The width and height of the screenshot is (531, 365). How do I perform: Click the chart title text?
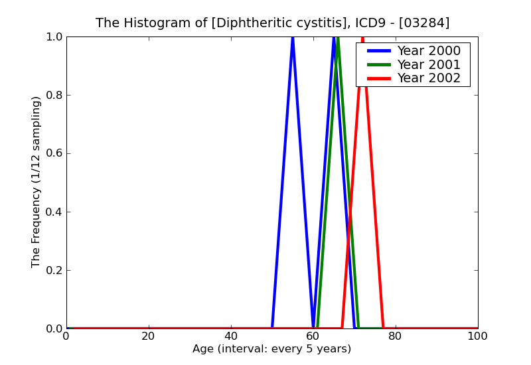point(272,23)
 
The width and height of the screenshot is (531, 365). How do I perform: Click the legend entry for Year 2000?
point(428,51)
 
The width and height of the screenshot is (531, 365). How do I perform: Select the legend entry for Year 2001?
point(428,64)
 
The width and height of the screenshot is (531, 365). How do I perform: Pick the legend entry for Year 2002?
point(428,78)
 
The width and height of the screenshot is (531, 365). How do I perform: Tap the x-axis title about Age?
point(272,349)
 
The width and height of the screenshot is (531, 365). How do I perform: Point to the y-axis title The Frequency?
point(37,182)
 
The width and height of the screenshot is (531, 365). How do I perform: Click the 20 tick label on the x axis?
point(149,336)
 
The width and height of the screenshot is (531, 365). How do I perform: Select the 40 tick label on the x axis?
point(231,336)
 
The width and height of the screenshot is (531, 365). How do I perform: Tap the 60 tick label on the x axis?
point(313,336)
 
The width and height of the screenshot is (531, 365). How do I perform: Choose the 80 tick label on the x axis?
point(396,336)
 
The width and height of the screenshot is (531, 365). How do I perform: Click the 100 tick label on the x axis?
point(478,336)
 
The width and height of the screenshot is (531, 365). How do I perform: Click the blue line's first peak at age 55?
point(293,38)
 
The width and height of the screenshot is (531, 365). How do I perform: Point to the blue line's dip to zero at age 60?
point(313,327)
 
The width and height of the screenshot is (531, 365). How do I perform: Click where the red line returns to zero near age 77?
point(383,328)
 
